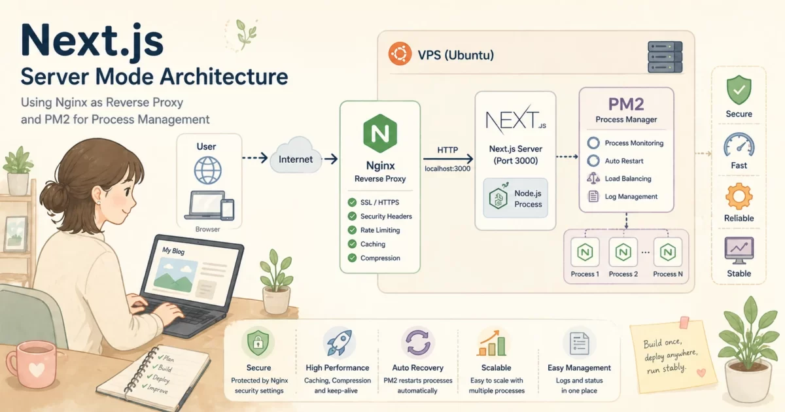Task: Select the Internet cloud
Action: [x=296, y=158]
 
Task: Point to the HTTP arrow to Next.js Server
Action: [x=448, y=158]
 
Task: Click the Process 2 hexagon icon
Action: [x=623, y=252]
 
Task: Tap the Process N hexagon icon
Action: [x=668, y=252]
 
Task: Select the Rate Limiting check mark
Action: [x=353, y=230]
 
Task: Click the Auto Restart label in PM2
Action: [x=624, y=161]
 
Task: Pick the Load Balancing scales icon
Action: [x=593, y=178]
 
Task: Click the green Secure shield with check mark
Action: [x=739, y=90]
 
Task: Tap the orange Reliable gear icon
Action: [x=739, y=196]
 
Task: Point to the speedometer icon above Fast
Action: [x=739, y=143]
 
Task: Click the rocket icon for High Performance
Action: [x=338, y=343]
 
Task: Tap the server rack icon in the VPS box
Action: [x=665, y=57]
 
